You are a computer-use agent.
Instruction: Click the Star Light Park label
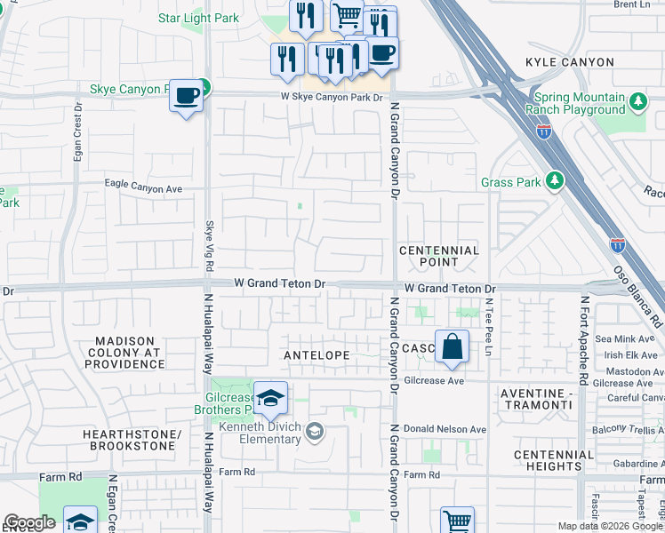coord(198,18)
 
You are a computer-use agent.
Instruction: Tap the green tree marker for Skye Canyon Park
coord(204,87)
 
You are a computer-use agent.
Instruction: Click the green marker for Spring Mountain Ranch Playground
coord(637,102)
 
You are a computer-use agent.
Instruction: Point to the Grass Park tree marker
coord(556,181)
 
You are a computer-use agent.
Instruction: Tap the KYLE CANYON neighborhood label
coord(570,62)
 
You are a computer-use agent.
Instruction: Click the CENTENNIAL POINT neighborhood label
coord(439,256)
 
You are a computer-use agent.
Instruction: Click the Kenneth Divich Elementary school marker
coord(314,432)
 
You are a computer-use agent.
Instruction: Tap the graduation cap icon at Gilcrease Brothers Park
coord(270,399)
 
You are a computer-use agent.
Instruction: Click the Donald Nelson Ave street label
coord(445,429)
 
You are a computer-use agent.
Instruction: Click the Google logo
coord(28,522)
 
